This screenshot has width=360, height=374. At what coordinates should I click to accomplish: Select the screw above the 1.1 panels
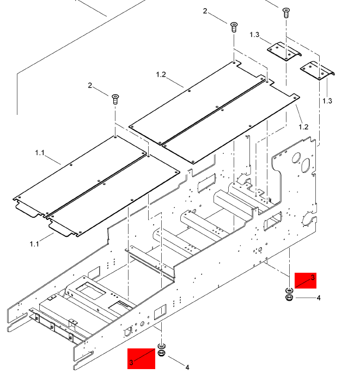[115, 99]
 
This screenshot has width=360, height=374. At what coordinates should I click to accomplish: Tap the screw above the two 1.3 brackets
[285, 12]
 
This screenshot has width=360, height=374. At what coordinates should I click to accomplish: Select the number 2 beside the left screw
[90, 85]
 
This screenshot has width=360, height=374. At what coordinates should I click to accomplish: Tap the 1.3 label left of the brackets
[254, 35]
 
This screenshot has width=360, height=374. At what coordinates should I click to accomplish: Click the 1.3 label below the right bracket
[327, 101]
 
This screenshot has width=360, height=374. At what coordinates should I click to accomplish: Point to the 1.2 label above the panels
[161, 74]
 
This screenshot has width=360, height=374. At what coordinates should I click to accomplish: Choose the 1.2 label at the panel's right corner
[303, 127]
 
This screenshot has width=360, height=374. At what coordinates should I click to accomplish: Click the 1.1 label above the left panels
[40, 153]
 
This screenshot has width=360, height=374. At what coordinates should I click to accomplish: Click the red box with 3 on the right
[305, 280]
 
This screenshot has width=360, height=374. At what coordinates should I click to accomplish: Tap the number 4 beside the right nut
[319, 298]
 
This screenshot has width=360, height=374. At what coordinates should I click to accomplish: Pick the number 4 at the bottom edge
[187, 367]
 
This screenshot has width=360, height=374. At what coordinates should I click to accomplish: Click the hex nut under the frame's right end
[289, 297]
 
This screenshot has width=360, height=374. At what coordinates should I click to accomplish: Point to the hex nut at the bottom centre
[162, 354]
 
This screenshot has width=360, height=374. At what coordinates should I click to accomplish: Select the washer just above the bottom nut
[162, 346]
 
